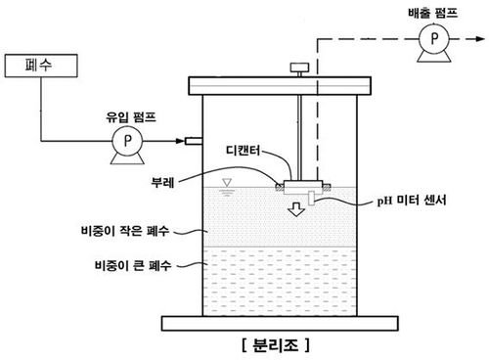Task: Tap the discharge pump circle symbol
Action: coord(427,41)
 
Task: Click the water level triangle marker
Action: coord(226,183)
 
